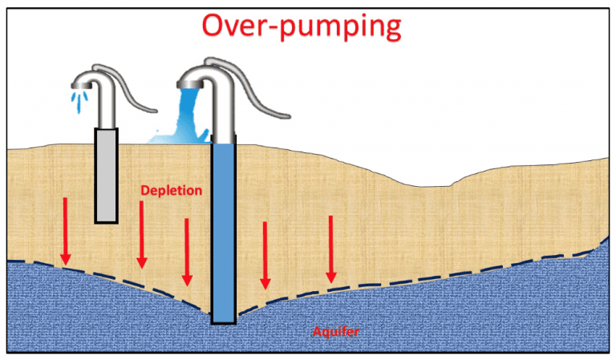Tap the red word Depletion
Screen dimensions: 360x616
171,191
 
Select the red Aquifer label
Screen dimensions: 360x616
334,330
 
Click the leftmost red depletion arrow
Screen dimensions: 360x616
66,233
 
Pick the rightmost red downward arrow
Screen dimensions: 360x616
330,249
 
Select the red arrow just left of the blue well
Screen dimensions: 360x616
187,252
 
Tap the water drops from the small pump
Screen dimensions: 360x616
80,101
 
